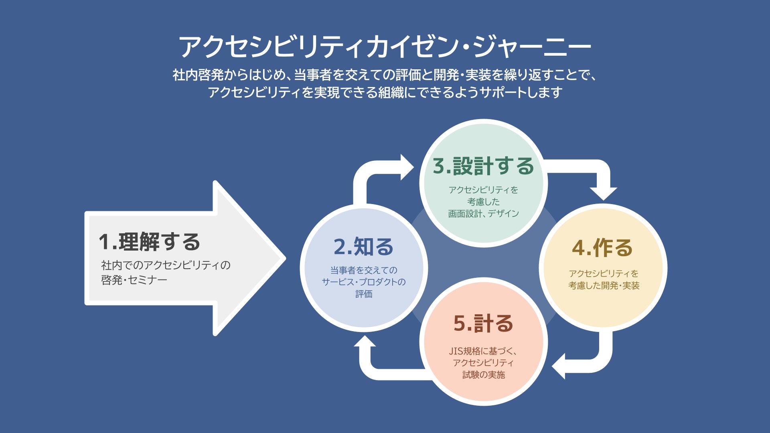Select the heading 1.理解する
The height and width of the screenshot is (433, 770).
click(x=149, y=242)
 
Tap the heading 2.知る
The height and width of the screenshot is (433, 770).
click(x=363, y=247)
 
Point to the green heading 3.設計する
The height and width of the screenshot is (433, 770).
click(x=483, y=166)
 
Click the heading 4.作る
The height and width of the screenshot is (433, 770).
click(x=602, y=248)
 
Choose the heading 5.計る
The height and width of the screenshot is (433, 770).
click(x=483, y=324)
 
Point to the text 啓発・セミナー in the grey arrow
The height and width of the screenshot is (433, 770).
click(x=134, y=280)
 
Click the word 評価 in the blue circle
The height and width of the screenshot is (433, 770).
click(x=364, y=294)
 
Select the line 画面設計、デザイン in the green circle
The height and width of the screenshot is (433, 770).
click(x=483, y=214)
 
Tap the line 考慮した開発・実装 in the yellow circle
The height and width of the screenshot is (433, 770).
click(x=604, y=285)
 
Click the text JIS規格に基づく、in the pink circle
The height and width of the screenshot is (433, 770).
click(x=483, y=351)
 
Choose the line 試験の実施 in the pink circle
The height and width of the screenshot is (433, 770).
click(x=483, y=375)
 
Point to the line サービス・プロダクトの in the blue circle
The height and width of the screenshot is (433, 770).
click(x=364, y=282)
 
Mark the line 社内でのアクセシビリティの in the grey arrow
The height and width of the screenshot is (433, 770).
click(x=166, y=265)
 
